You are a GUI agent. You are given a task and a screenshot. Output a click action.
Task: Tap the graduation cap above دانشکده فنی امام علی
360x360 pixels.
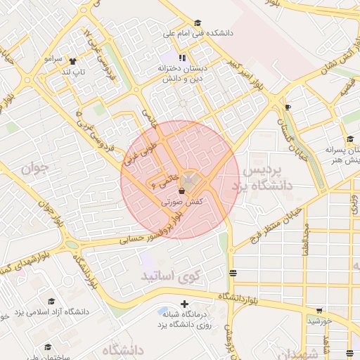196,22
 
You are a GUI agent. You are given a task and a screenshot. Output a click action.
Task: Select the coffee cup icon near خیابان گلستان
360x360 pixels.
288,106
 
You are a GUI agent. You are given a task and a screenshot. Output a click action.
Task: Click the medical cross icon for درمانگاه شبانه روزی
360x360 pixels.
184,305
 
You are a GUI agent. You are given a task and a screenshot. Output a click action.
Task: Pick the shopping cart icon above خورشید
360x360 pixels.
319,310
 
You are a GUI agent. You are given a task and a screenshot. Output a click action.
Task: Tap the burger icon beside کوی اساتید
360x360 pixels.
233,273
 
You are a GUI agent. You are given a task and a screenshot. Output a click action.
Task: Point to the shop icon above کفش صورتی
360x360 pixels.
182,191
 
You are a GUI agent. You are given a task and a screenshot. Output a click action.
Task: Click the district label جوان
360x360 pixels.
33,169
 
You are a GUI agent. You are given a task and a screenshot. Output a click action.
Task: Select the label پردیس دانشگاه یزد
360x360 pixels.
266,179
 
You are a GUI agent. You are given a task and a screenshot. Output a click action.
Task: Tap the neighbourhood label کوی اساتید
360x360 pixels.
171,274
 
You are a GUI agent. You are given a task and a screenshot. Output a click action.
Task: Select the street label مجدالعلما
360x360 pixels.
307,240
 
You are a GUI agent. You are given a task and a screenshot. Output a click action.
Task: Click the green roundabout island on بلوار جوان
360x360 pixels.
71,245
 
